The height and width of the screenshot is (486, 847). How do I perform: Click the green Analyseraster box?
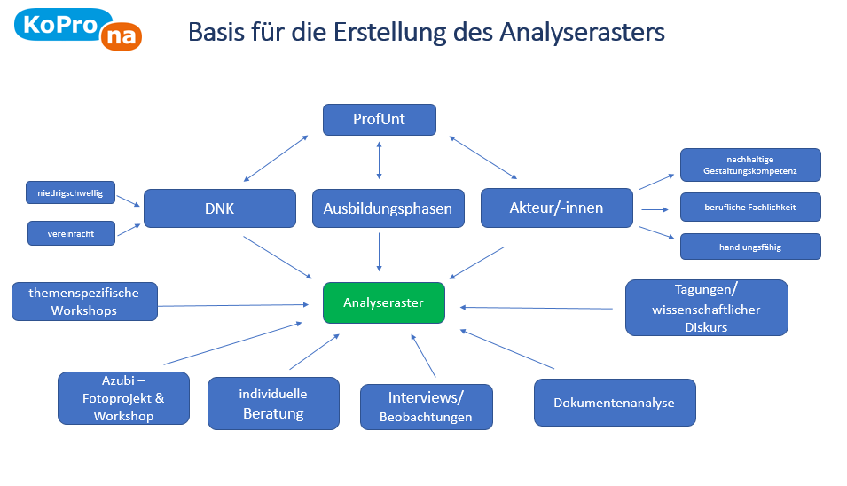(x=383, y=302)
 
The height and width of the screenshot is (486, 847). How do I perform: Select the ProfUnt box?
(x=379, y=120)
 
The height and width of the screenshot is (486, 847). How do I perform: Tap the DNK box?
(x=219, y=208)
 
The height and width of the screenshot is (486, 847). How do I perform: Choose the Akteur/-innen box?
(x=556, y=208)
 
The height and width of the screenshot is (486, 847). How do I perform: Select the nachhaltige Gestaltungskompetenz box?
(x=749, y=165)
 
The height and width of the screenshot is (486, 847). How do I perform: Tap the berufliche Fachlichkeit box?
(x=749, y=207)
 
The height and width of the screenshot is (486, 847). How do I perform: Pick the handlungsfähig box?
(x=749, y=247)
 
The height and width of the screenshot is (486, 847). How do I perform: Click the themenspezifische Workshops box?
(x=84, y=302)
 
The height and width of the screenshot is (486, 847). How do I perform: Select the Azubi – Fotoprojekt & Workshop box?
(x=123, y=398)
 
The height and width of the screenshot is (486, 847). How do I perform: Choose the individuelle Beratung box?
(x=273, y=404)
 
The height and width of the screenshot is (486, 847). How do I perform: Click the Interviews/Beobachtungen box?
(x=426, y=406)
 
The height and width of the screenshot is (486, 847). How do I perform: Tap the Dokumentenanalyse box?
(x=614, y=403)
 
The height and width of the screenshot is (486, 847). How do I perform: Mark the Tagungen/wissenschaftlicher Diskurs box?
(x=706, y=309)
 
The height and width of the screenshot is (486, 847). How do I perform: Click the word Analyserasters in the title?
(x=582, y=33)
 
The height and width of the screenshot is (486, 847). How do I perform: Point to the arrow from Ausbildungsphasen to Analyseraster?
(x=379, y=251)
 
